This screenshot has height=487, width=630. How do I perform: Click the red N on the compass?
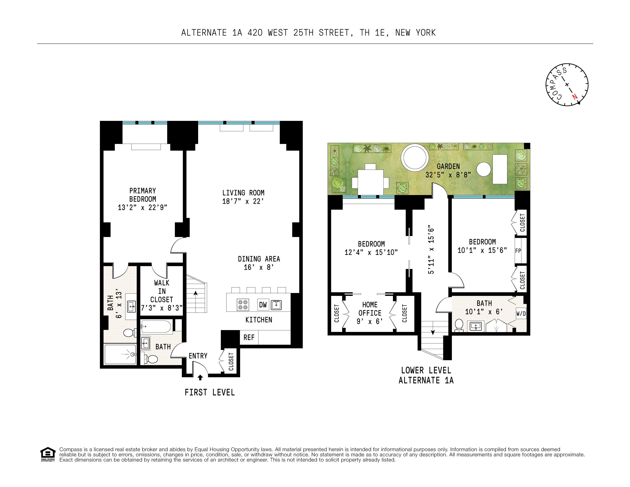[575, 97]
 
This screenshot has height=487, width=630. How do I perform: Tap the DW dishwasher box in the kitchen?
[263, 305]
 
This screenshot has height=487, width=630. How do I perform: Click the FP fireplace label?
[518, 251]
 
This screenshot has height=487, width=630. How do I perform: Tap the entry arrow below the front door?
[200, 377]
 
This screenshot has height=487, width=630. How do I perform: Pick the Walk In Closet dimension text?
[162, 308]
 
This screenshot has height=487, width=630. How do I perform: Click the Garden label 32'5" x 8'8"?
[448, 171]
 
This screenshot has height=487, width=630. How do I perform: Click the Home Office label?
[370, 309]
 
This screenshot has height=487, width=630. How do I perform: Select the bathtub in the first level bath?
[156, 327]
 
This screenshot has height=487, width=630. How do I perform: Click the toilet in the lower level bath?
[459, 325]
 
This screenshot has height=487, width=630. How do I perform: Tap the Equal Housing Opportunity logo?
[48, 454]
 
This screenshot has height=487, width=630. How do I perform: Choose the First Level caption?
[210, 392]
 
